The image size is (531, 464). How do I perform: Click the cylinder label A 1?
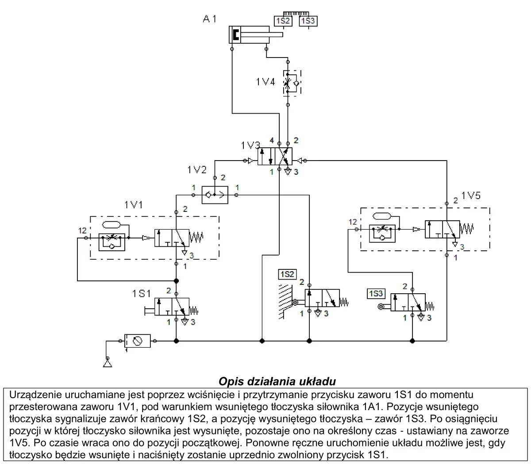pos(209,19)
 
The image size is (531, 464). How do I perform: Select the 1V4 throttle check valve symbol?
pos(292,83)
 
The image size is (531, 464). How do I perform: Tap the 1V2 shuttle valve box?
pos(215,195)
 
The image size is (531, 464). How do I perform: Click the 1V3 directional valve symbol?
pos(275,157)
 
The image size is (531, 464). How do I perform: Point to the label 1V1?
pos(134,205)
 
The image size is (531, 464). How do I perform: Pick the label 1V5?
pos(471,196)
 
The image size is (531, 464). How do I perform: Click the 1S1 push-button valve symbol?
pos(172,306)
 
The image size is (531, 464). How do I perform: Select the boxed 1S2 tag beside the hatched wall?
pos(287,274)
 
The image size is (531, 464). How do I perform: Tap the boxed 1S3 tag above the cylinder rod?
pos(308,21)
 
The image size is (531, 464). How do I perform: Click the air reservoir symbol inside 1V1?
pos(111,225)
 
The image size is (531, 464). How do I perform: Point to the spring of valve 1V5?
pos(466,229)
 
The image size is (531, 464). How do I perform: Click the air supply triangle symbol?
pos(108,363)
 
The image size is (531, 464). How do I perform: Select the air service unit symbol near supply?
pos(137,341)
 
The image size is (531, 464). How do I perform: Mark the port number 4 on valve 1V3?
pos(272,141)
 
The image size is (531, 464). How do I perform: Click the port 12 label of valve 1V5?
pos(353,222)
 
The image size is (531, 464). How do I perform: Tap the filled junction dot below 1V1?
pos(176,281)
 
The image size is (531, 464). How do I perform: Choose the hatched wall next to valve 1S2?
pos(285,302)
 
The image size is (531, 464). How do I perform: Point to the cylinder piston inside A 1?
pos(236,35)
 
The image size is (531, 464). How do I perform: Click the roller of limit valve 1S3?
pos(381,307)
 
